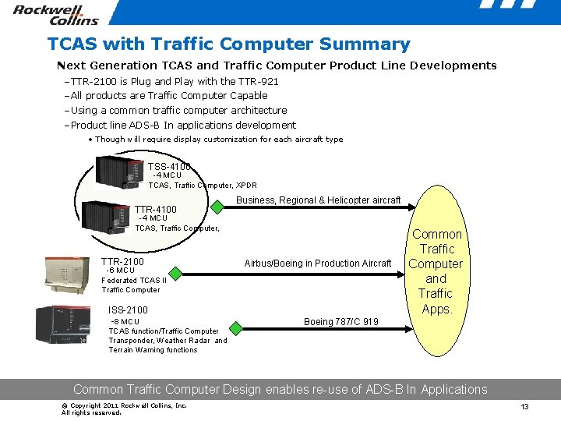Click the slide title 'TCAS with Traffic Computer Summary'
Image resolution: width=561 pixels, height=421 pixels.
[228, 44]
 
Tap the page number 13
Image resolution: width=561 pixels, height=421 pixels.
[524, 407]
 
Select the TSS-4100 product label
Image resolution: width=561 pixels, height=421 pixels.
[168, 166]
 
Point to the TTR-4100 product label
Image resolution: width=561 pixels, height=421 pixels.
[156, 209]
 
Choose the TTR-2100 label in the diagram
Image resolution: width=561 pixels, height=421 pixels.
[122, 261]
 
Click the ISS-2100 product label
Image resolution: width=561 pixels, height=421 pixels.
[129, 310]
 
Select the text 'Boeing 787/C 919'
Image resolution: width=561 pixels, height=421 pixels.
[341, 322]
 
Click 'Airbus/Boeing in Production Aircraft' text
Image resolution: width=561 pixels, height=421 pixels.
[318, 264]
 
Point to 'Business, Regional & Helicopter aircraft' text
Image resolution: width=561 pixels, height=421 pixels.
[318, 200]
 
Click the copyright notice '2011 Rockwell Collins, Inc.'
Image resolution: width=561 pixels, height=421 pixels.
[124, 405]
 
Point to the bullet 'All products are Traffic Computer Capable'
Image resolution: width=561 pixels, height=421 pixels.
[169, 95]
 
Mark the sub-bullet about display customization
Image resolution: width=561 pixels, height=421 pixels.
[218, 139]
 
